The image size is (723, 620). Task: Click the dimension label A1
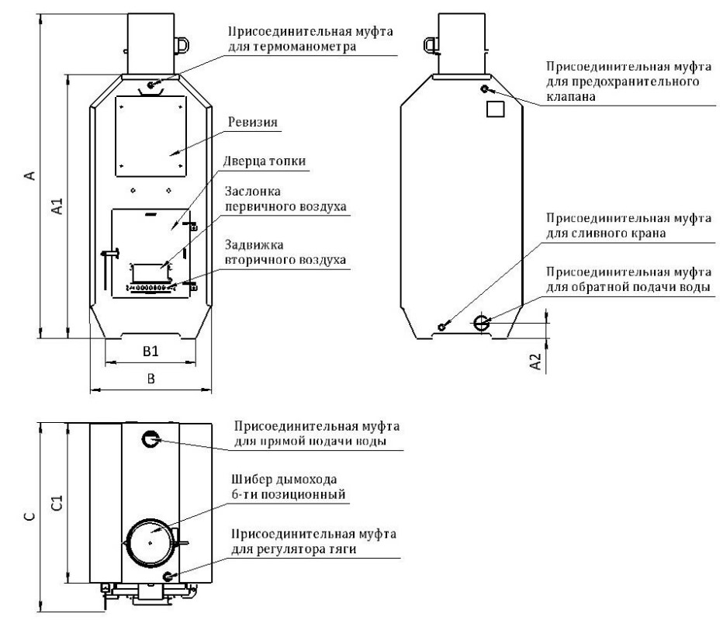pos(57,206)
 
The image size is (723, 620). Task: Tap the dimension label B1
pos(150,352)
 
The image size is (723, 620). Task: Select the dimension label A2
pos(535,362)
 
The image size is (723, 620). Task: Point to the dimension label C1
pos(57,503)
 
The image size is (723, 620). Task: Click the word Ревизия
pos(253,123)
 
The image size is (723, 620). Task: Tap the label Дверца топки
pos(265,161)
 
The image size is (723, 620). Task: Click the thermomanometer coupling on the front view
pos(150,85)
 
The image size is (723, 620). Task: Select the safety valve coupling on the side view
pos(484,88)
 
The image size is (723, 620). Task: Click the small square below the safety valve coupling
pos(496,109)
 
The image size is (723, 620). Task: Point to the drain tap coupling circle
pos(441,327)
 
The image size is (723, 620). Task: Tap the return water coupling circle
pos(482,323)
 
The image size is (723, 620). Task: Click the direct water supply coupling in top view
pos(150,438)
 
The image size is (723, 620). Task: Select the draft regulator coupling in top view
pos(168,577)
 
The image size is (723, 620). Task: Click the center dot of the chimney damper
pos(150,543)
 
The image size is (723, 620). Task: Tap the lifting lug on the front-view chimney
pos(182,45)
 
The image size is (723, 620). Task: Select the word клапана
pos(571,97)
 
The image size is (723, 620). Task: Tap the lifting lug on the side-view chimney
pos(431,45)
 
